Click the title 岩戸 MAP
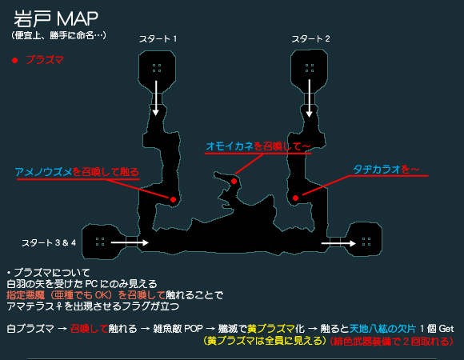tap(56, 19)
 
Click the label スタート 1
tap(158, 38)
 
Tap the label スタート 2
tap(310, 38)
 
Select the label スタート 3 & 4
tap(49, 243)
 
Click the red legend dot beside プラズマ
tap(14, 60)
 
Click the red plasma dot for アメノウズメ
tap(173, 200)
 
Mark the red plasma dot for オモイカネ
tap(234, 181)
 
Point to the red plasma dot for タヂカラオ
tap(295, 198)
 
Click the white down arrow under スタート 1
tap(156, 98)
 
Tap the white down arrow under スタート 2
tap(310, 98)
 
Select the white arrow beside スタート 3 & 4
tap(130, 243)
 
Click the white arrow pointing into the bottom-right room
tap(338, 243)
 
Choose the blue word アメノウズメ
tap(43, 172)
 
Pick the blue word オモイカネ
tap(230, 146)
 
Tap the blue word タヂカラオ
tap(377, 170)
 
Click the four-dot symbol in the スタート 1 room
tap(157, 68)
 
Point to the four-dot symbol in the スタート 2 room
tap(310, 68)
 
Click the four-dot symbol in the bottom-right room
tap(366, 242)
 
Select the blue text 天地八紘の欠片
tap(382, 329)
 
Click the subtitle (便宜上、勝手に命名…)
tap(58, 35)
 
